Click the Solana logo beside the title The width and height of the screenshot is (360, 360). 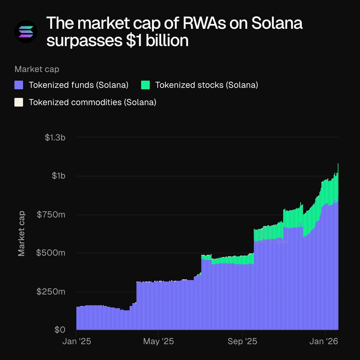point(26,31)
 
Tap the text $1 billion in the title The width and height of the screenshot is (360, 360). point(157,40)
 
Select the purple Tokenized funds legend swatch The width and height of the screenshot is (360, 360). point(19,85)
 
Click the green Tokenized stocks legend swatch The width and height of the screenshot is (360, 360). point(145,85)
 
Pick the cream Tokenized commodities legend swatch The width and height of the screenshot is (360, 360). point(19,102)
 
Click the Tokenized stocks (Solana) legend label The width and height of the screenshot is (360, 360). point(206,85)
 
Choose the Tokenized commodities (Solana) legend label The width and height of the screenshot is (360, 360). point(92,102)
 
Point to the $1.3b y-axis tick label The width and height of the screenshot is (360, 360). point(55,137)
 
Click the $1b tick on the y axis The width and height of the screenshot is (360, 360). point(58,176)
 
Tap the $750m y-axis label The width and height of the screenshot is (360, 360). point(51,214)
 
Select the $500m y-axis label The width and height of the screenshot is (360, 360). point(51,253)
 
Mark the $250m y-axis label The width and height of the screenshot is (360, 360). point(51,292)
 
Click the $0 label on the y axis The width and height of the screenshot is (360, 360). point(60,330)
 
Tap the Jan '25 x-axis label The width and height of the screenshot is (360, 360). point(76,341)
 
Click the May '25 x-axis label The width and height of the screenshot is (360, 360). point(158,341)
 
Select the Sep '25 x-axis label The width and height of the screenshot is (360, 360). point(242,341)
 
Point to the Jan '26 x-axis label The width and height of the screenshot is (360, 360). point(324,341)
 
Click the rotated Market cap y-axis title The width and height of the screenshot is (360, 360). point(21,234)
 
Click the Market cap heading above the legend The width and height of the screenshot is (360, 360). point(37,69)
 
